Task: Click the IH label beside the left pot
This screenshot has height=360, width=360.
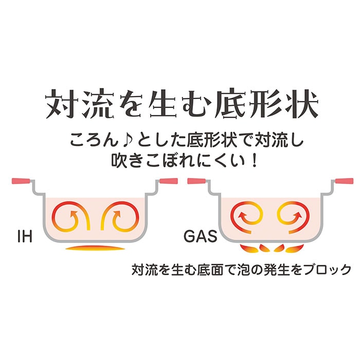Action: [25, 237]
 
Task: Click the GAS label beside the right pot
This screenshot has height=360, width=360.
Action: [201, 236]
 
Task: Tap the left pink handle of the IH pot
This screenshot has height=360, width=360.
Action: [21, 181]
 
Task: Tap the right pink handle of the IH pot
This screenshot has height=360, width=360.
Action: [169, 181]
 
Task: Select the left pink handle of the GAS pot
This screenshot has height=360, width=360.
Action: [196, 181]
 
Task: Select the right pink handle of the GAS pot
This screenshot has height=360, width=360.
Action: [345, 181]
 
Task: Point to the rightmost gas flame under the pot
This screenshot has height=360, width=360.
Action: [295, 248]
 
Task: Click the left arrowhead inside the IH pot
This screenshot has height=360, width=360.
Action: [74, 214]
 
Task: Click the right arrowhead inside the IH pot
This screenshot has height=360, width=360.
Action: [117, 214]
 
